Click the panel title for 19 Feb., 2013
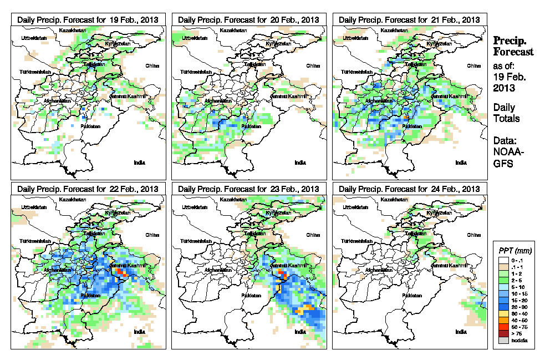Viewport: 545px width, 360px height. pos(88,19)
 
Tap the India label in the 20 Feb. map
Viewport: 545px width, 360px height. pos(300,163)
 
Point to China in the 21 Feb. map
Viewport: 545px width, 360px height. pos(474,65)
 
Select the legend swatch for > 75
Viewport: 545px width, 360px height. pos(503,333)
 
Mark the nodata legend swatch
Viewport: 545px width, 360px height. pos(503,340)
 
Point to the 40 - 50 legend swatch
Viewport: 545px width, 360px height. pos(503,320)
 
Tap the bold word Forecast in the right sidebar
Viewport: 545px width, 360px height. pos(513,52)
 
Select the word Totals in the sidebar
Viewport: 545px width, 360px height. pos(506,118)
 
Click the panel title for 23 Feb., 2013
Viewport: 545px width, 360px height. pos(248,189)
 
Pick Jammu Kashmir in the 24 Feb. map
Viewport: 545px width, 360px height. pos(448,266)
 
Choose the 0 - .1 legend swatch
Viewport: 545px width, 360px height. pos(503,260)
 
